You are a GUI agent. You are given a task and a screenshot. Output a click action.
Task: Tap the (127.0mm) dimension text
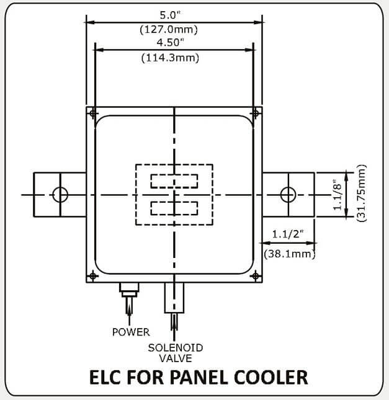(173, 28)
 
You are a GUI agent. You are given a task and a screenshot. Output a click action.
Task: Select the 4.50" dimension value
(173, 43)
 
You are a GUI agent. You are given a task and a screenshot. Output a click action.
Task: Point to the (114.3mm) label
(173, 58)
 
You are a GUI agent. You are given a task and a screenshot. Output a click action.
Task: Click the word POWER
(131, 332)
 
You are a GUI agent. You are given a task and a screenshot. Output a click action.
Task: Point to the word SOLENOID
(176, 347)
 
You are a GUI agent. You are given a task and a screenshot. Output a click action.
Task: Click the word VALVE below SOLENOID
(176, 358)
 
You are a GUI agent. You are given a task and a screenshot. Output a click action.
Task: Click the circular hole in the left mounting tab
(60, 195)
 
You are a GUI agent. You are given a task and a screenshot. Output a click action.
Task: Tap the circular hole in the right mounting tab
(287, 195)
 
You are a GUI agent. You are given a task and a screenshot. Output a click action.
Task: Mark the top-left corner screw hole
(92, 113)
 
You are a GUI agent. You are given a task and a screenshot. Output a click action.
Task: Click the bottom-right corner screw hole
(255, 275)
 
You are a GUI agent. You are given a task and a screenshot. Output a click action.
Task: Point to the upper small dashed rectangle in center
(174, 181)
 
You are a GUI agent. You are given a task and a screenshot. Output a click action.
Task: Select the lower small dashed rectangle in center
(174, 207)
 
